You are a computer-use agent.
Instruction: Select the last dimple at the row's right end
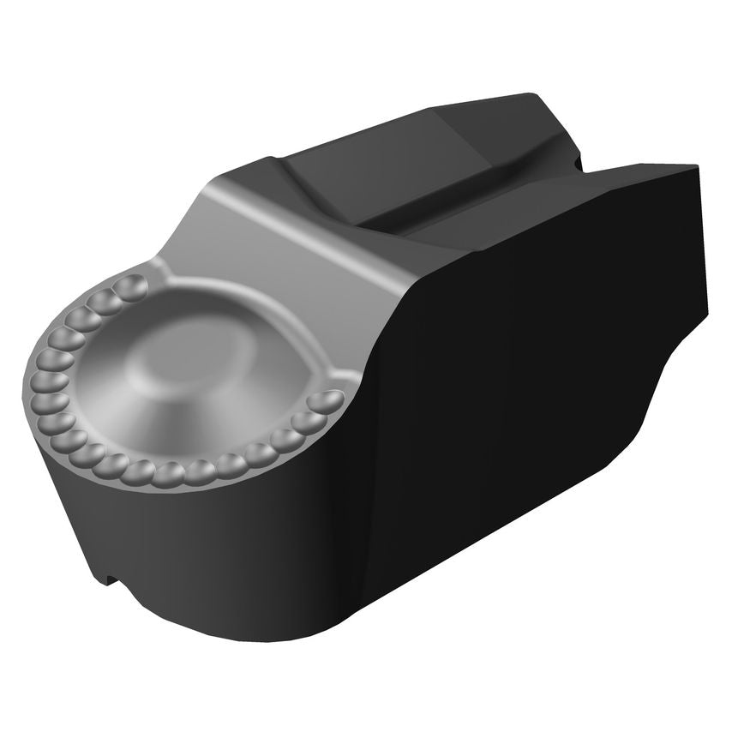(x=326, y=401)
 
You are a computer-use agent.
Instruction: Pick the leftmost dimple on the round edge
(x=42, y=381)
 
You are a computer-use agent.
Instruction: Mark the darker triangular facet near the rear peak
(x=549, y=129)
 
